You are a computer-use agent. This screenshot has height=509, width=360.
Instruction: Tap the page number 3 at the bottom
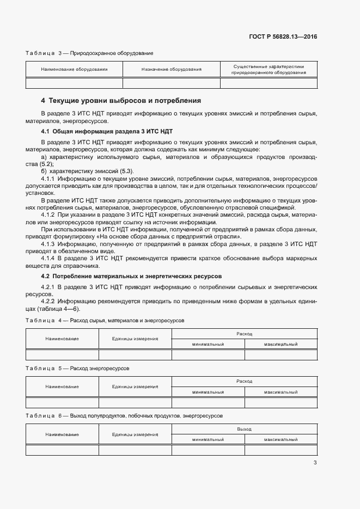click(x=315, y=463)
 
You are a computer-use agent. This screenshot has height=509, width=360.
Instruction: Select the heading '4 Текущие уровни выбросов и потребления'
click(x=121, y=101)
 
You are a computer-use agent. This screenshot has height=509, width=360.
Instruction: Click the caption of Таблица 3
click(x=89, y=53)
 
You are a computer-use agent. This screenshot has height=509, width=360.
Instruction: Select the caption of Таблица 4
click(x=105, y=321)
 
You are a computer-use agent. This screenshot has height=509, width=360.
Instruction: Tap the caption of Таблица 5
click(x=77, y=369)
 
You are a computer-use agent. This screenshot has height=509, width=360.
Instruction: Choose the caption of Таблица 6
click(x=124, y=416)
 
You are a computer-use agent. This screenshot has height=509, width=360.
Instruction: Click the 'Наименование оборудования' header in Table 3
click(x=74, y=70)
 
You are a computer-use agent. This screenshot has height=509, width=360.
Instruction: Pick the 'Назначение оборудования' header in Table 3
click(x=171, y=70)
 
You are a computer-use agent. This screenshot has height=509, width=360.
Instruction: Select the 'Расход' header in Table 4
click(x=244, y=333)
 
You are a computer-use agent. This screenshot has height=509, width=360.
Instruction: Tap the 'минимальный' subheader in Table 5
click(x=208, y=392)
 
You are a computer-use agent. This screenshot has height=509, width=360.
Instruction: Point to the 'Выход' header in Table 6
click(x=244, y=429)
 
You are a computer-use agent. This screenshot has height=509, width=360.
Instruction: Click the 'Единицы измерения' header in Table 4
click(x=135, y=339)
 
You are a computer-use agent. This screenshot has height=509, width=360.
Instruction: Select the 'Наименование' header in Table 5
click(x=62, y=387)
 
